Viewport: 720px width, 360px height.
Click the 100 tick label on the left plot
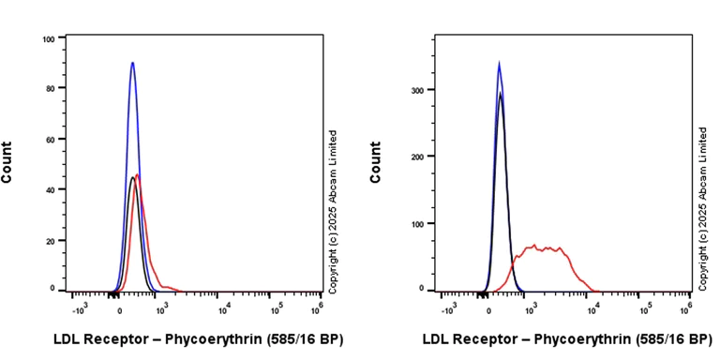48,39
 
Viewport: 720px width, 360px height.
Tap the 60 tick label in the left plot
50,140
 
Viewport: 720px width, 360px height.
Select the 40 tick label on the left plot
50,189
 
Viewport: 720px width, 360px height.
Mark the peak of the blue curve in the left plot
133,63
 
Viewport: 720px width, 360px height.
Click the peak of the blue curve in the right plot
499,63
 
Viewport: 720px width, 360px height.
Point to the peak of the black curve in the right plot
501,93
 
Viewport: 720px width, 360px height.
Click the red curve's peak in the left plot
138,174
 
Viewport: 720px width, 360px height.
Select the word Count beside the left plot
7,161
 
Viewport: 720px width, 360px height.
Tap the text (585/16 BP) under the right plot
671,338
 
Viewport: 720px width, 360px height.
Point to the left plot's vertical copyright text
332,209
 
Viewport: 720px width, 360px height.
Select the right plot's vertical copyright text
703,209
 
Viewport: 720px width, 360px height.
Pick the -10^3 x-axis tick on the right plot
448,307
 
